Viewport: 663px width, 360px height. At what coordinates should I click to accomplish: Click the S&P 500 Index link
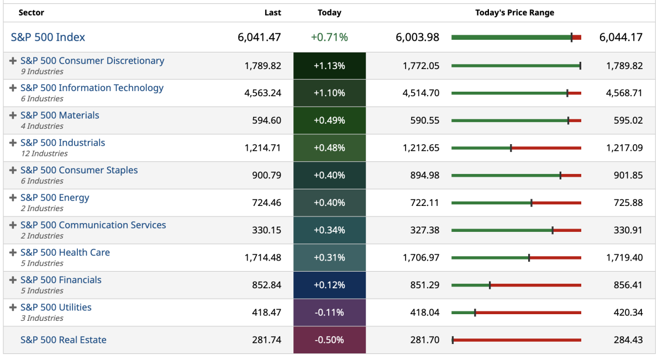[x=48, y=38]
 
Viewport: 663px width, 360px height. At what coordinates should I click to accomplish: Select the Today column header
[x=329, y=13]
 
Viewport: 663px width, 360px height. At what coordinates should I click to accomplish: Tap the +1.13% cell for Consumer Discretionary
[x=329, y=66]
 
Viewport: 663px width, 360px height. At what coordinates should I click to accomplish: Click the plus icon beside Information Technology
[x=13, y=88]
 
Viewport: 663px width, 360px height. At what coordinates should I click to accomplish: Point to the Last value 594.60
[x=267, y=120]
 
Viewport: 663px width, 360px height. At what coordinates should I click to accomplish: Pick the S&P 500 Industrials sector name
[x=62, y=142]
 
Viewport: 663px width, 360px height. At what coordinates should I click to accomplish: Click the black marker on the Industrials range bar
[x=511, y=148]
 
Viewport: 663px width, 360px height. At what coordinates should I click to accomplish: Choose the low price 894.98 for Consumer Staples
[x=421, y=176]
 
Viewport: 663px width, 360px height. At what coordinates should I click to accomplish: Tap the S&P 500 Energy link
[x=55, y=198]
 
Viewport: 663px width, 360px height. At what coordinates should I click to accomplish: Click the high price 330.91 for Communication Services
[x=628, y=230]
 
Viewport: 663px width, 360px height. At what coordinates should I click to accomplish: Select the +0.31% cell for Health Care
[x=329, y=258]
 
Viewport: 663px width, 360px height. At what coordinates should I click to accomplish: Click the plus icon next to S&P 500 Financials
[x=13, y=280]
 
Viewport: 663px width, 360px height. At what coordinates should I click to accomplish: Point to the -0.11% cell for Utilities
[x=329, y=313]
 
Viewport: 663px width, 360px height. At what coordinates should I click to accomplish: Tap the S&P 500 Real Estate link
[x=64, y=340]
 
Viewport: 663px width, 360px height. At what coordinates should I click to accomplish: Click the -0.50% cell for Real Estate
[x=329, y=340]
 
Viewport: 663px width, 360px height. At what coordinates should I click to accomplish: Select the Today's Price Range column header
[x=514, y=13]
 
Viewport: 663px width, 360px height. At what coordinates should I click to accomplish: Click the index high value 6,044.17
[x=620, y=38]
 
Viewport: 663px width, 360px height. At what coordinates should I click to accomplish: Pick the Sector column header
[x=31, y=13]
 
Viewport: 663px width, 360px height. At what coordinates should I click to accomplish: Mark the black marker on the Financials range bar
[x=490, y=285]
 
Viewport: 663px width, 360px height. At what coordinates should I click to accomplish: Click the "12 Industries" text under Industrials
[x=44, y=153]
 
